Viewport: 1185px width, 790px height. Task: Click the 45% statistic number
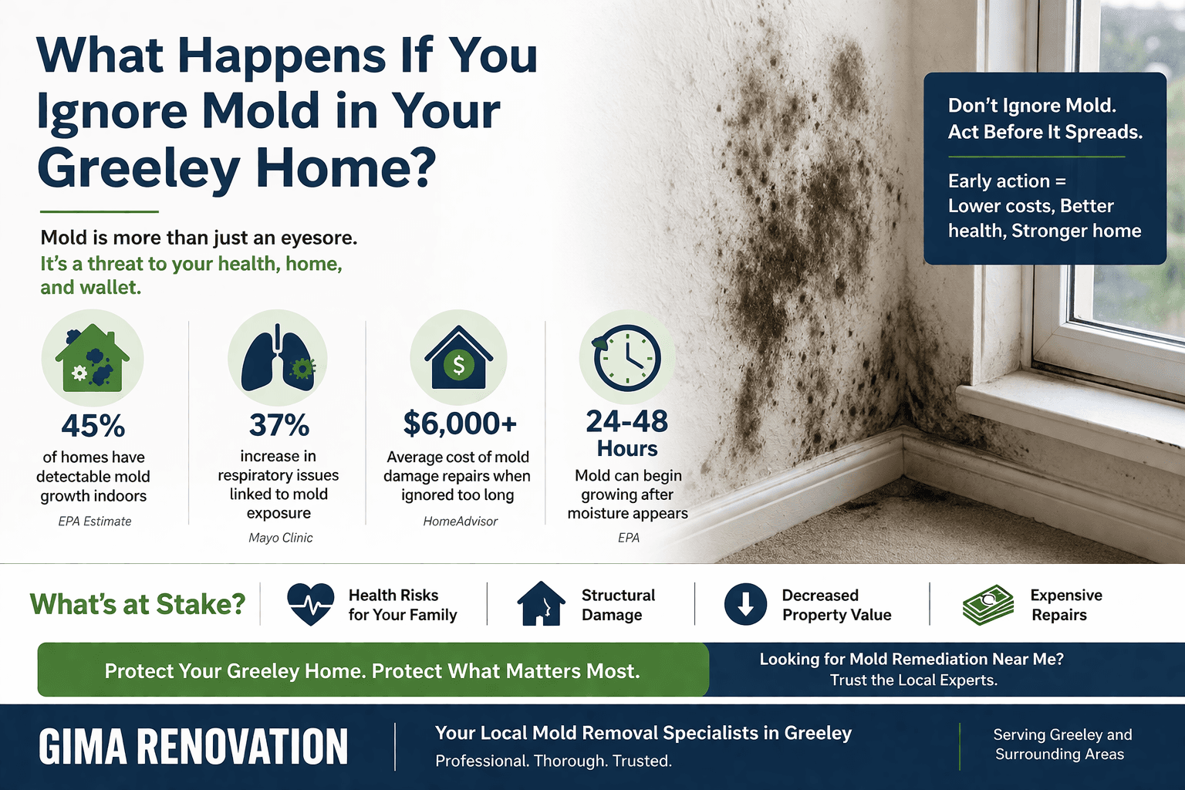(x=93, y=426)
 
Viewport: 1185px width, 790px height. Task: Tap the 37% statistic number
(x=279, y=425)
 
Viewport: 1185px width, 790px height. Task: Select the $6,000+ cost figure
(x=460, y=424)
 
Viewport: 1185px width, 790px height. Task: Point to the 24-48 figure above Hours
(x=627, y=421)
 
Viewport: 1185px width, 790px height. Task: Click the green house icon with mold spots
(x=93, y=360)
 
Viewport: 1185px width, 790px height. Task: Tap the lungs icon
(x=278, y=360)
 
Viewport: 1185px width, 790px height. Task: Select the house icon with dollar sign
(x=459, y=360)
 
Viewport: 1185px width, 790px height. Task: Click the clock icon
(x=626, y=359)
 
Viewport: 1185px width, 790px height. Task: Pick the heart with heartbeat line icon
(x=310, y=603)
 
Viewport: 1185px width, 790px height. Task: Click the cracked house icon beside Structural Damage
(x=541, y=603)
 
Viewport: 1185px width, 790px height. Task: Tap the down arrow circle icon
(x=745, y=604)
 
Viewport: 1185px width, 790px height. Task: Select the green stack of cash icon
(x=988, y=604)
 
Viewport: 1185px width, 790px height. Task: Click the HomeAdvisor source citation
(x=460, y=522)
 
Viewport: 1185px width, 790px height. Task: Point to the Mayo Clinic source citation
(x=280, y=538)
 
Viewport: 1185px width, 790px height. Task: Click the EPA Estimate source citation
(x=94, y=522)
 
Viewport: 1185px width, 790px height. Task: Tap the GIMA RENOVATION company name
(x=193, y=747)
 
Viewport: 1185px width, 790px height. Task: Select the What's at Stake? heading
(x=137, y=604)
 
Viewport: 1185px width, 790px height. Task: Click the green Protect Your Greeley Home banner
(x=373, y=670)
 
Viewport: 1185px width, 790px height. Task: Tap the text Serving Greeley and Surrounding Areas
(x=1062, y=744)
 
